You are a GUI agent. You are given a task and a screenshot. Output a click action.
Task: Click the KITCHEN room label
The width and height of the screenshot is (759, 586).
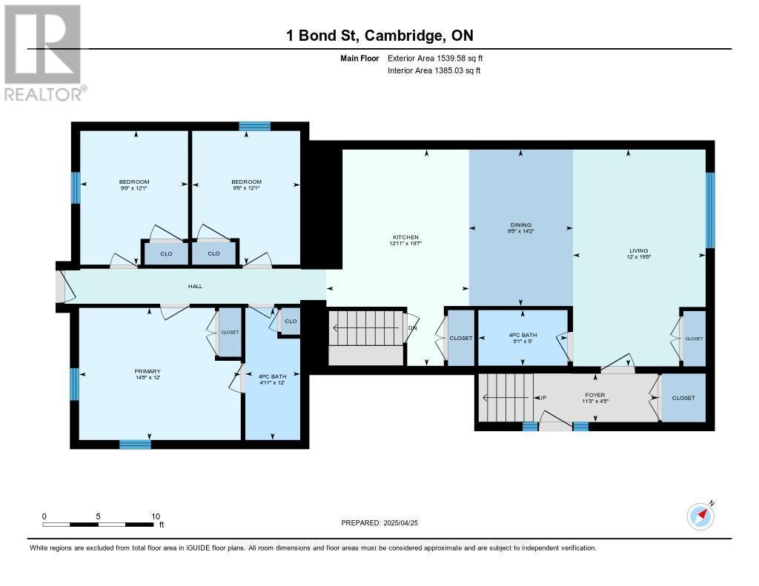coord(405,236)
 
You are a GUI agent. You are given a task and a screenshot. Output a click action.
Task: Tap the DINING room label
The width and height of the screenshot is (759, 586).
coord(521,224)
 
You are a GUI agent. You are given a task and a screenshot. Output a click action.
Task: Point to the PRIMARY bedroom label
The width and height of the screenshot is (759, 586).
coord(148,371)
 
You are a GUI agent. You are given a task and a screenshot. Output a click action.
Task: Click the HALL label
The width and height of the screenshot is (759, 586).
coord(195,286)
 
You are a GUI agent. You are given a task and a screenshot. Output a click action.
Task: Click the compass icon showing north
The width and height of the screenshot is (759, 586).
coord(700,516)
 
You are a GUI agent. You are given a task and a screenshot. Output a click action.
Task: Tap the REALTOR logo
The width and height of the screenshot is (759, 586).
coord(43,53)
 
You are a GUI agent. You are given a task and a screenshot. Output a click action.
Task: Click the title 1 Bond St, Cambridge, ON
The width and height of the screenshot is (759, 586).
coord(379,36)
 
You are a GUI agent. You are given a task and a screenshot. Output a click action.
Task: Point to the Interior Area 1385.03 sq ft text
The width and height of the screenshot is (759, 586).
coord(434,70)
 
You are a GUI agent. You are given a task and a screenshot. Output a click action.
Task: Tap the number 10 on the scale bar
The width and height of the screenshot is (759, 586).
coord(156,516)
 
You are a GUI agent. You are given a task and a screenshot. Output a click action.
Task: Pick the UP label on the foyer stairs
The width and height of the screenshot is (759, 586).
coord(542,398)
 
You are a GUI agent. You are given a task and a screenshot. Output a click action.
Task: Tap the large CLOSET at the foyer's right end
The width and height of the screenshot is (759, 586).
coord(683,398)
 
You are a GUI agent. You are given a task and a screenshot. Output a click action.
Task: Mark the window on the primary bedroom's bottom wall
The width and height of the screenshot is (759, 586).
coord(135,444)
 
